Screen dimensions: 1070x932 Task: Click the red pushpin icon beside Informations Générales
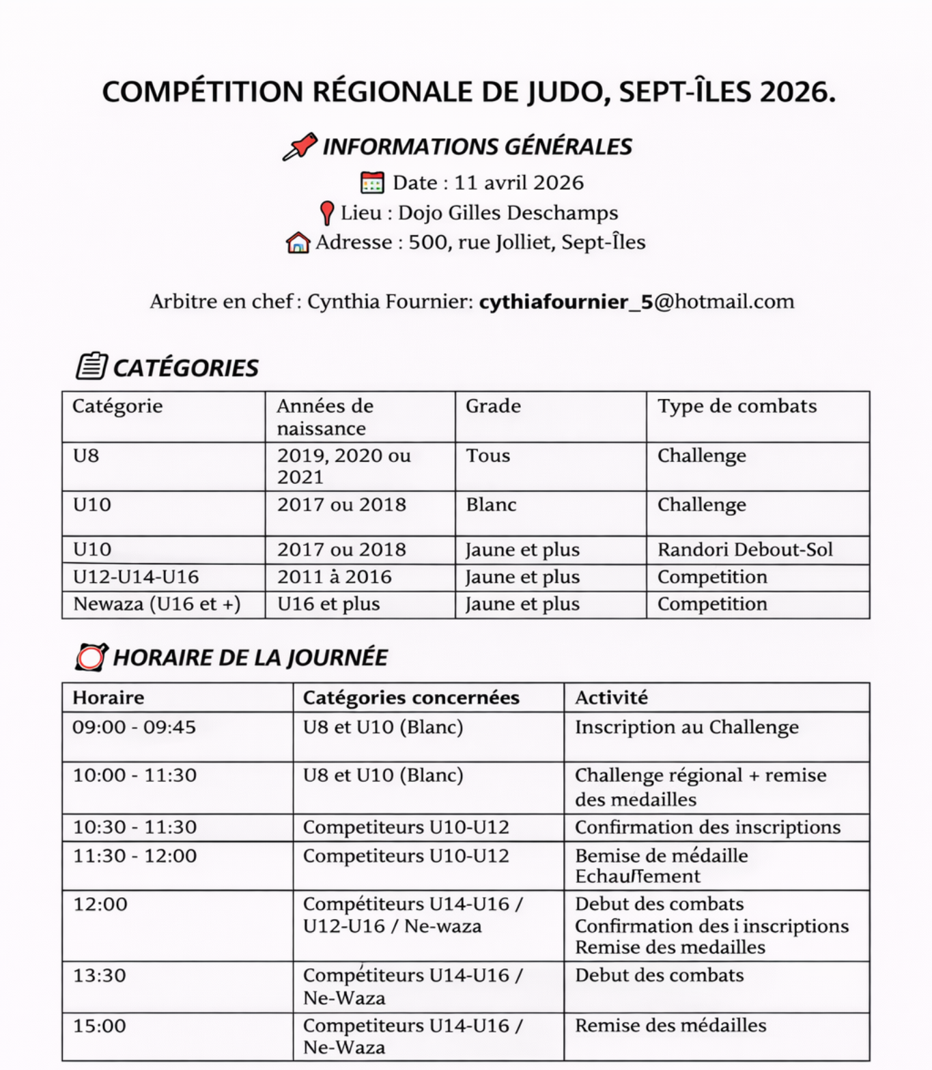(300, 146)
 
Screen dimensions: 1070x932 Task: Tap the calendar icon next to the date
(372, 183)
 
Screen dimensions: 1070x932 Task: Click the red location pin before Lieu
(327, 213)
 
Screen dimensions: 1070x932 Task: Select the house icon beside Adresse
(298, 243)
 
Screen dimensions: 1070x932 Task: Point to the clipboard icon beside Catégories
(91, 366)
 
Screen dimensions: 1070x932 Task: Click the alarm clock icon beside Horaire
(91, 657)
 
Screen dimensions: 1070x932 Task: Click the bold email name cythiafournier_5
(566, 302)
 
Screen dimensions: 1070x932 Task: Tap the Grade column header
(493, 406)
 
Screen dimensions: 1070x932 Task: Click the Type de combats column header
(737, 406)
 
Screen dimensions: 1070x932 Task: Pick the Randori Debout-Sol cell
(745, 550)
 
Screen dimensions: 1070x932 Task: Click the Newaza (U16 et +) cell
(157, 605)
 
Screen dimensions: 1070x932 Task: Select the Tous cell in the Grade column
(488, 456)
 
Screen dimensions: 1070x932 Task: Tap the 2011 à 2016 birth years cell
(334, 577)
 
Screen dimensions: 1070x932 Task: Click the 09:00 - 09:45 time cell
(135, 727)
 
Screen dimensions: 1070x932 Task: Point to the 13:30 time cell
(100, 976)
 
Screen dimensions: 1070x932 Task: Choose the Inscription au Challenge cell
(686, 728)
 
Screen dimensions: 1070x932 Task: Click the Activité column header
(611, 698)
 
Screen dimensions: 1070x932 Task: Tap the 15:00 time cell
(100, 1026)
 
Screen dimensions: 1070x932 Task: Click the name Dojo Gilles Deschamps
(508, 213)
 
